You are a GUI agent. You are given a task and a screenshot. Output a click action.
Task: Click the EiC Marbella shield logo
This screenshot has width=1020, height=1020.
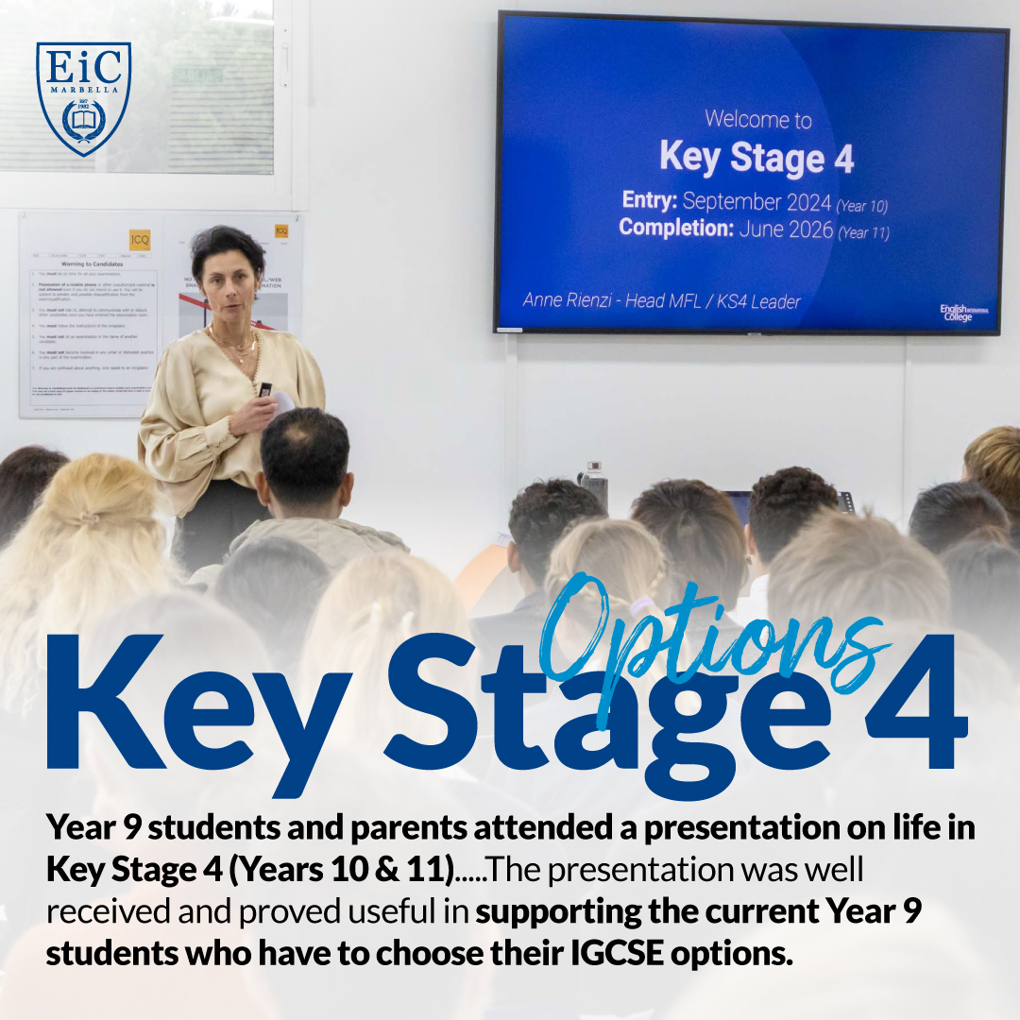83,98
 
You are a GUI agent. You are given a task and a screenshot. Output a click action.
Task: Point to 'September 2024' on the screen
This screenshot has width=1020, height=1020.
756,201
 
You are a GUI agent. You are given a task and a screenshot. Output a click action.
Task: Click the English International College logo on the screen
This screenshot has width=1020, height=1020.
964,313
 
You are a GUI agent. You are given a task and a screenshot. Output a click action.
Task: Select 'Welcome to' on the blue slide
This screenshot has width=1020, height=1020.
757,119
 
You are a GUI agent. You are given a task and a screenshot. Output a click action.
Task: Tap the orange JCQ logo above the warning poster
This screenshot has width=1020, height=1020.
141,238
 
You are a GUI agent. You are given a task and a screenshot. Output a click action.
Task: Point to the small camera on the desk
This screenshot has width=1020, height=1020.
594,484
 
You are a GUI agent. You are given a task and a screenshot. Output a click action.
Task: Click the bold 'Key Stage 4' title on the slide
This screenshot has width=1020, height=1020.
756,158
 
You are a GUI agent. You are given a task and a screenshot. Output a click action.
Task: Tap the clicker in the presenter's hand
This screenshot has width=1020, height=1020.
265,390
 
